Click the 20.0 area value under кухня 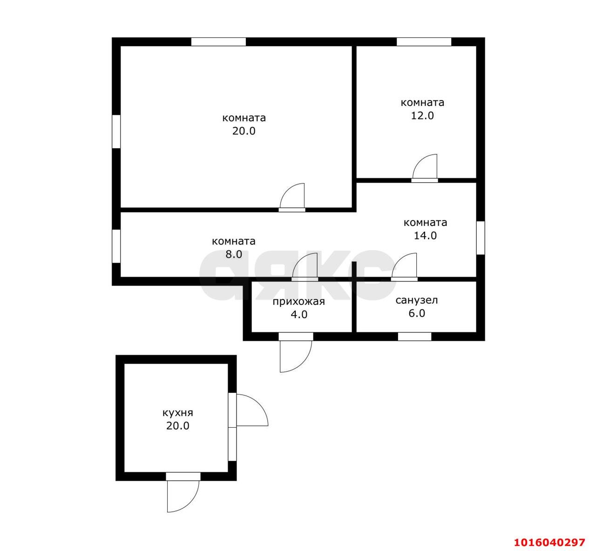coord(178,426)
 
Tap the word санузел coord(417,300)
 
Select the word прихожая coord(298,302)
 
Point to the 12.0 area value coord(422,115)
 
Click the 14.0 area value coord(425,235)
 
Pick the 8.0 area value coord(234,254)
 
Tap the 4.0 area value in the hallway coord(299,314)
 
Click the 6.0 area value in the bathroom coord(417,313)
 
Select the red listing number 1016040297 coord(550,542)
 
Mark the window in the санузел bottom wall coord(414,336)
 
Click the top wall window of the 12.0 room coord(424,42)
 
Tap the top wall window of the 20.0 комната coord(218,42)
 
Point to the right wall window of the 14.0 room coord(481,238)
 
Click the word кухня coord(178,413)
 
